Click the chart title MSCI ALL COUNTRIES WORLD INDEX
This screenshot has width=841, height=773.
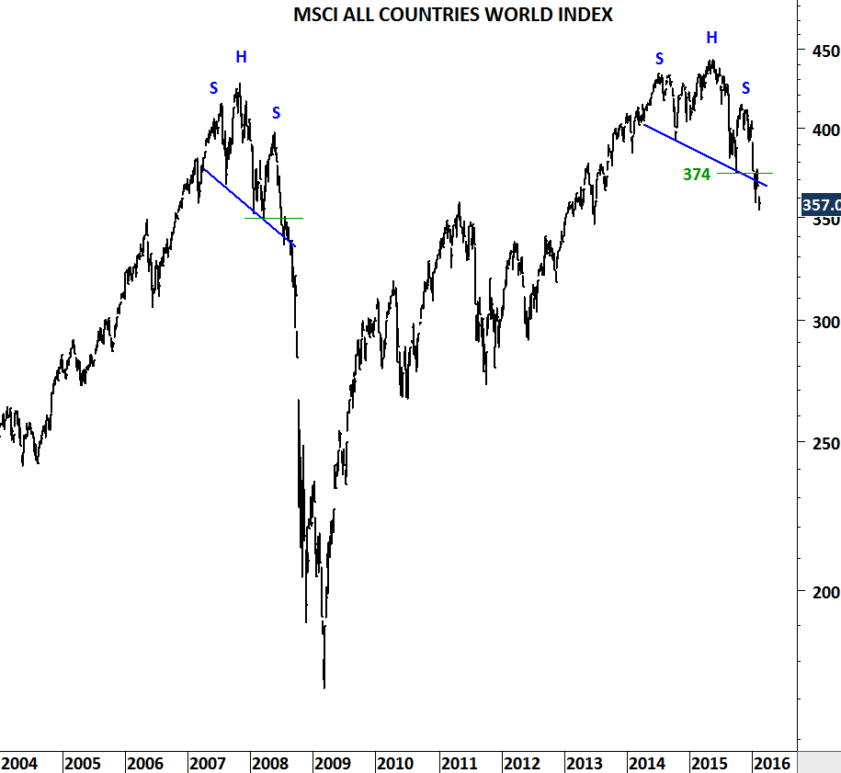coord(453,15)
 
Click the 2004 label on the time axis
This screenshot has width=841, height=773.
coord(19,763)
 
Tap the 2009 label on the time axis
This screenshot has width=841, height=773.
coord(332,763)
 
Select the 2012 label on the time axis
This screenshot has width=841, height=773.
coord(521,763)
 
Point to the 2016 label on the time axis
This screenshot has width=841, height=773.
coord(772,763)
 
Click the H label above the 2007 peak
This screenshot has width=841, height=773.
coord(241,57)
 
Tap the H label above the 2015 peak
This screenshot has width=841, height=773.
coord(711,38)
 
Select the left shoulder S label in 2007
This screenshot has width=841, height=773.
coord(214,88)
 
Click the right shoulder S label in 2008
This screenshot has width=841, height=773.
coord(276,113)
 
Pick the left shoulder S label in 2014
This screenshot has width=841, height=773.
coord(659,59)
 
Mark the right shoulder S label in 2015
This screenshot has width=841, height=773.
coord(746,88)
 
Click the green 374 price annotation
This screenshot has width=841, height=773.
coord(697,174)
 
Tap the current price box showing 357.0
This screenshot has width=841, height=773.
coord(821,205)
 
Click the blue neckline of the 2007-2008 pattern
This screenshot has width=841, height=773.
coord(248,208)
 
